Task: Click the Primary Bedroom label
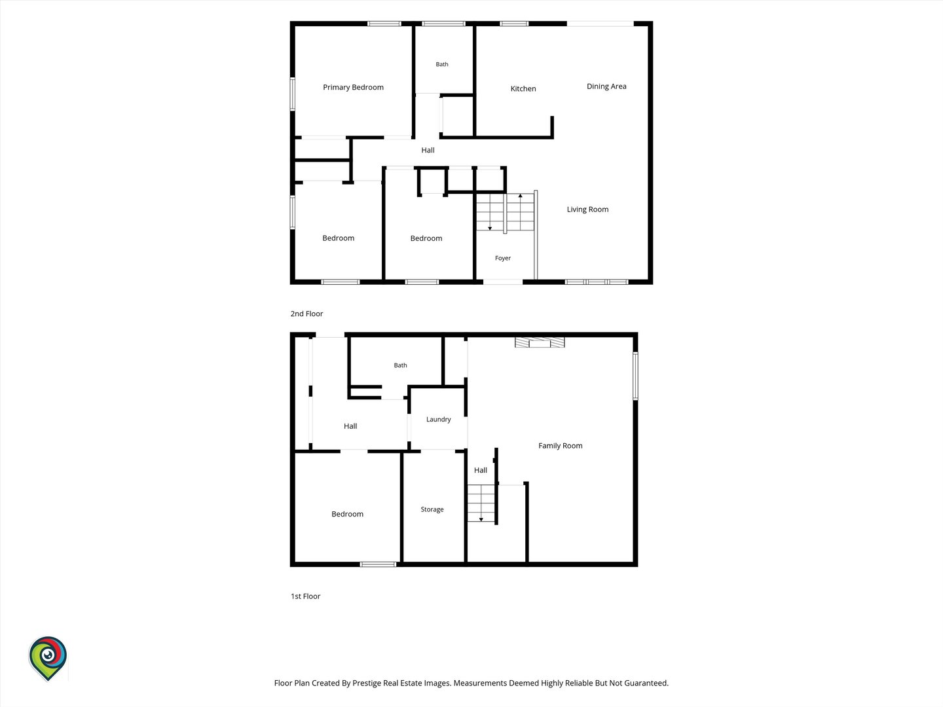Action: point(353,88)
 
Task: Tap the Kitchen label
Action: point(523,89)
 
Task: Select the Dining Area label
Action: point(606,86)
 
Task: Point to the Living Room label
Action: point(587,209)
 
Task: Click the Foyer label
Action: point(503,258)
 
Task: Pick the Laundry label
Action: point(438,420)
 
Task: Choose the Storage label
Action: point(432,509)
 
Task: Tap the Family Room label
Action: point(560,446)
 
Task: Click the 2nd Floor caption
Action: point(306,314)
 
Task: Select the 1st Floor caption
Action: point(305,596)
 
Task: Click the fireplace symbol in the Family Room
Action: point(540,342)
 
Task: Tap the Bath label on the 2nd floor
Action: point(441,64)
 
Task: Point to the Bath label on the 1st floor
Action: point(400,365)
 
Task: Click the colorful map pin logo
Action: point(48,659)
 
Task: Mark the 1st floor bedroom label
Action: point(347,515)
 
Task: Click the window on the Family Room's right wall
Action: point(635,376)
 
